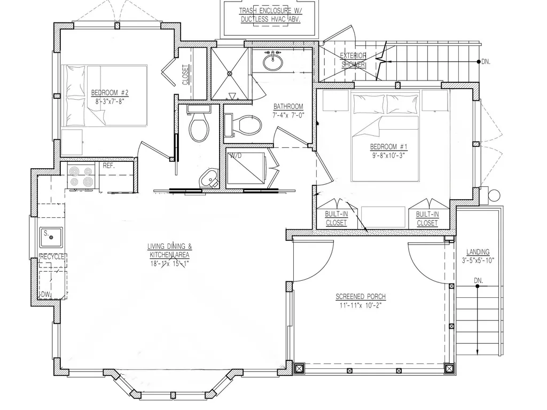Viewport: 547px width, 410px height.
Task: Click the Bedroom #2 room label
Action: click(110, 93)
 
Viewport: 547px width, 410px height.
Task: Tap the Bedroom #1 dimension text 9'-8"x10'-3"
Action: click(388, 155)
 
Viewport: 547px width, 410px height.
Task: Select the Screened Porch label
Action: click(361, 297)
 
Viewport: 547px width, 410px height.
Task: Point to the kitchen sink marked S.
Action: click(51, 237)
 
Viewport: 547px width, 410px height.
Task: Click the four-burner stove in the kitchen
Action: click(81, 176)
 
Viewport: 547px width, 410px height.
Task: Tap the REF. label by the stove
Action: click(109, 166)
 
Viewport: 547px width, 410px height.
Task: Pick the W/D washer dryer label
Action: click(235, 155)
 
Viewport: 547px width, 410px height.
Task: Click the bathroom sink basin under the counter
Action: click(273, 63)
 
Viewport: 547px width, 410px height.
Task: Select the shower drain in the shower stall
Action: click(230, 73)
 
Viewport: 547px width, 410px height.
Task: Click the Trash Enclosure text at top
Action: click(270, 11)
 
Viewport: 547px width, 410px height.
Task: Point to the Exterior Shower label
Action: click(353, 60)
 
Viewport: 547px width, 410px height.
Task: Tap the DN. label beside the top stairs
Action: click(486, 62)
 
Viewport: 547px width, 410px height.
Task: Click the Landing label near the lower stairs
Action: click(478, 252)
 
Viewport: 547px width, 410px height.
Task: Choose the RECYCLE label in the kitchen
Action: click(52, 257)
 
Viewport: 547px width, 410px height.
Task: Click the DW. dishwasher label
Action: click(46, 295)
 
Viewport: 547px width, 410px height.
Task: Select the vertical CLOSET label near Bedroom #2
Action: click(185, 75)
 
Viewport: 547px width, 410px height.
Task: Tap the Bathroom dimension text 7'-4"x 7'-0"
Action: click(288, 115)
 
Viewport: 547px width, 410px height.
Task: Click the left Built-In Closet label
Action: click(337, 218)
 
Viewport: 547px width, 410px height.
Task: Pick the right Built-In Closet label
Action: click(427, 218)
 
